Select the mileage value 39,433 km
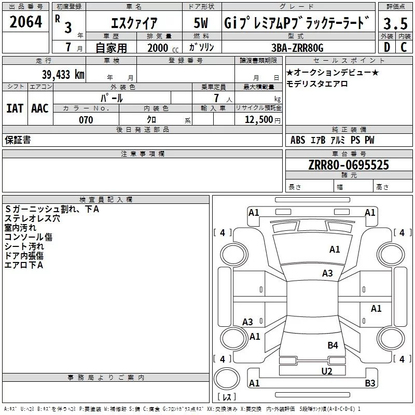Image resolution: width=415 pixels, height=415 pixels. pyautogui.click(x=63, y=75)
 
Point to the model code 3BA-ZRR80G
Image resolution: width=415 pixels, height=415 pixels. pyautogui.click(x=297, y=48)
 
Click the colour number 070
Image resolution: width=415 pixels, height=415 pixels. pyautogui.click(x=86, y=120)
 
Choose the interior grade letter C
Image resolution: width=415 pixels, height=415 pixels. pyautogui.click(x=404, y=48)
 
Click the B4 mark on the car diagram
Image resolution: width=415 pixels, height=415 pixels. pyautogui.click(x=333, y=345)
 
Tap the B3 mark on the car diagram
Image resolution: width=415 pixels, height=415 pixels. pyautogui.click(x=370, y=384)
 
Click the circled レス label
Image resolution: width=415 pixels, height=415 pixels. pyautogui.click(x=227, y=397)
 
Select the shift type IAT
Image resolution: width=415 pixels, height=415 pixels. pyautogui.click(x=15, y=108)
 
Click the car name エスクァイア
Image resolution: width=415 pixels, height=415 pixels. pyautogui.click(x=135, y=23)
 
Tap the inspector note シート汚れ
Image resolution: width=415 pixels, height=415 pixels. pyautogui.click(x=24, y=246)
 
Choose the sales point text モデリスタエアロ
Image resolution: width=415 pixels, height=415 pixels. pyautogui.click(x=317, y=84)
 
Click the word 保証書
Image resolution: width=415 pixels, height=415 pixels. pyautogui.click(x=18, y=140)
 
